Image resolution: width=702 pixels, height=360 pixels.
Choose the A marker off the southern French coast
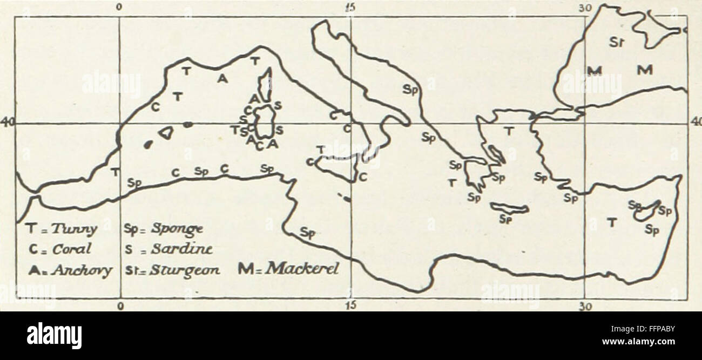click(221, 79)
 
